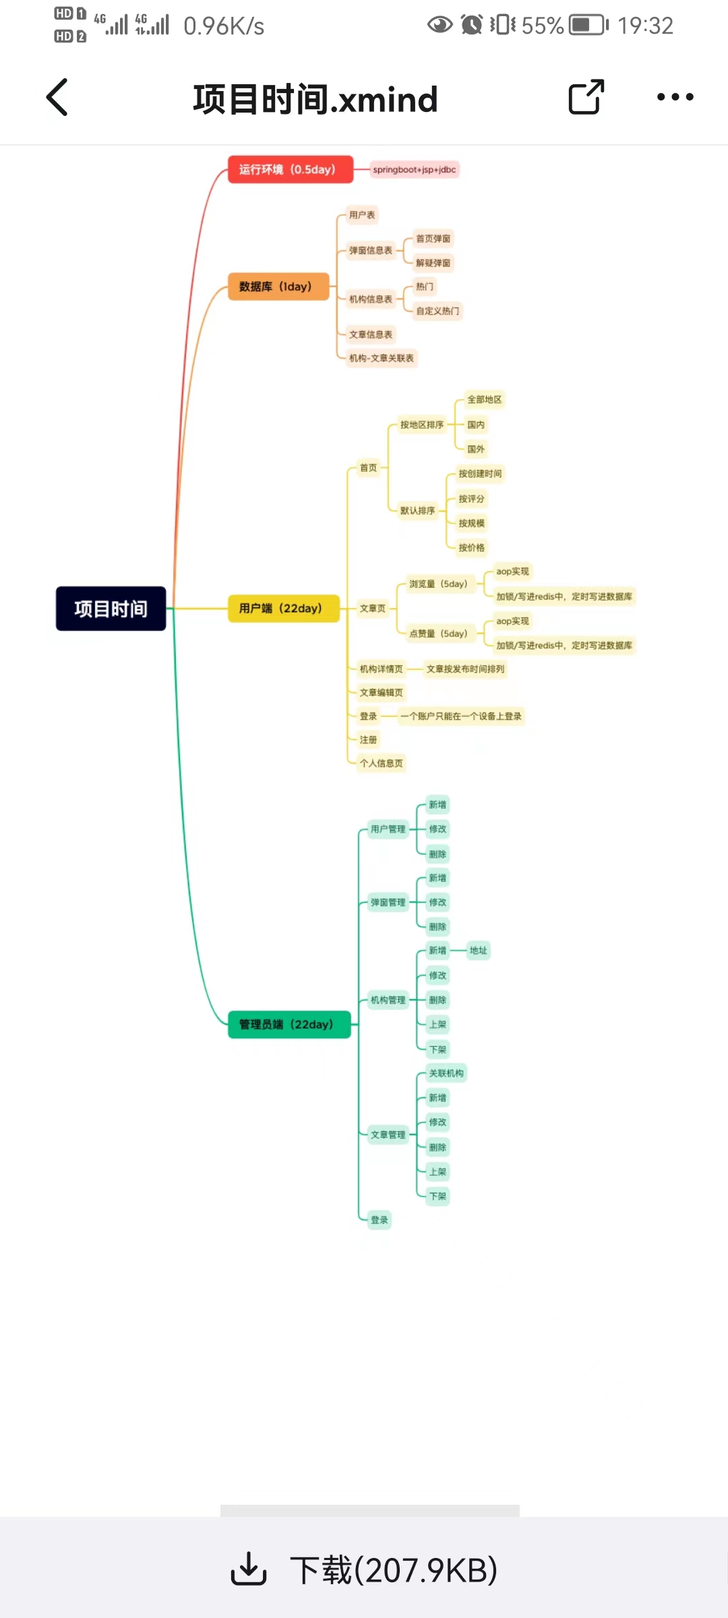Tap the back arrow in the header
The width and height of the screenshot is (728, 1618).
(57, 98)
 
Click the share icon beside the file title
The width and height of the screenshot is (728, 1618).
(586, 98)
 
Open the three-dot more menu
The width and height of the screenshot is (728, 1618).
(675, 98)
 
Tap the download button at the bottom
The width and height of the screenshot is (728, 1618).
(364, 1569)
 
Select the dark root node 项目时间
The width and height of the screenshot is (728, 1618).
(111, 609)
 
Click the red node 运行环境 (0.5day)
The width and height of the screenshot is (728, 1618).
(290, 169)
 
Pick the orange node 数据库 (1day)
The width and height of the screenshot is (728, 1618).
(278, 287)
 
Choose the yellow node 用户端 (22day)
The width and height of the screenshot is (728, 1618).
(283, 608)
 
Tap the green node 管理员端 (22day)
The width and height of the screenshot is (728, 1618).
(289, 1024)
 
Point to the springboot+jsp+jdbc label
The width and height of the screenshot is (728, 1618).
(415, 170)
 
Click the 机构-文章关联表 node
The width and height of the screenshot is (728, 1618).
(382, 358)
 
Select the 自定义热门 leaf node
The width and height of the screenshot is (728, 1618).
(437, 311)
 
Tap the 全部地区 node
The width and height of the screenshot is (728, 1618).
(485, 400)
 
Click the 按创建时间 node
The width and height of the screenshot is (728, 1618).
(480, 474)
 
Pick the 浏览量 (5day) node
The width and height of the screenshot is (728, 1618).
(438, 584)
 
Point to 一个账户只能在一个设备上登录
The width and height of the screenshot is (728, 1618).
(461, 716)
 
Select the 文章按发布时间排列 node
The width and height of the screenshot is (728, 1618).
(465, 669)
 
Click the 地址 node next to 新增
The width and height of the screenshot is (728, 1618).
(479, 951)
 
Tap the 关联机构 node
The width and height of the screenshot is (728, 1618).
(446, 1073)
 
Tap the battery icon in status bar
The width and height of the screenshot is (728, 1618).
(588, 26)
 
